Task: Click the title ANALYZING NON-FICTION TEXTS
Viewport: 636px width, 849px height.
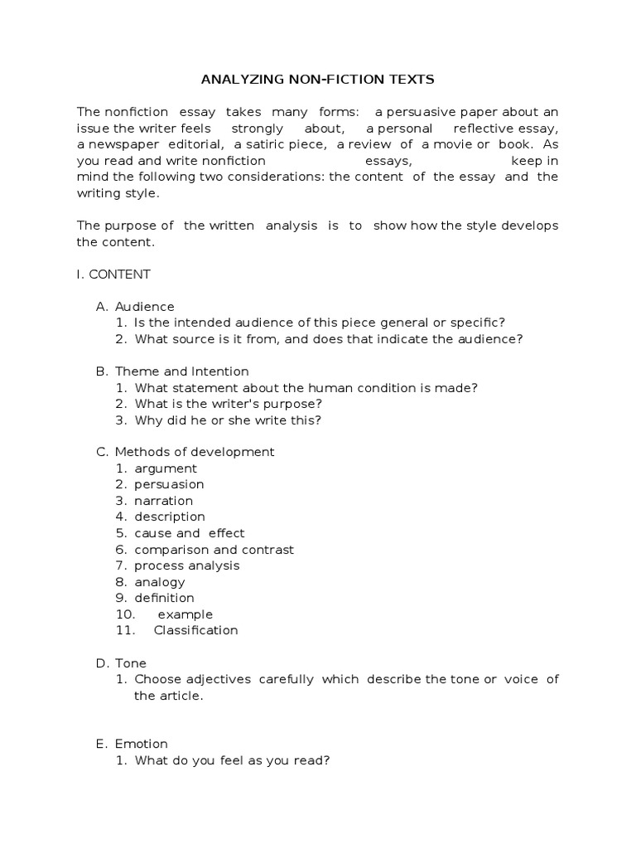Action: (x=318, y=80)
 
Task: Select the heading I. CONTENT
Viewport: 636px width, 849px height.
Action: (x=113, y=274)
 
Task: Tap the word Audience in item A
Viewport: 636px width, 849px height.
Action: (x=144, y=307)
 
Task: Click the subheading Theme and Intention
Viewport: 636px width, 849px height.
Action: (x=181, y=371)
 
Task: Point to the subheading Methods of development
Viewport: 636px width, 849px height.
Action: (x=195, y=452)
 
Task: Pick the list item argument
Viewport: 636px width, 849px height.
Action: (x=166, y=468)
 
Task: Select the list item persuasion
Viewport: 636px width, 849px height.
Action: (x=169, y=484)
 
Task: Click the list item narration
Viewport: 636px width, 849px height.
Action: (x=163, y=501)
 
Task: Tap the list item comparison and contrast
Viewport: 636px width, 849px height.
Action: (x=214, y=550)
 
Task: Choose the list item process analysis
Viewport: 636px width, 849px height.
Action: (x=186, y=565)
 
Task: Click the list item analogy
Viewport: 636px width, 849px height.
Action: (x=160, y=582)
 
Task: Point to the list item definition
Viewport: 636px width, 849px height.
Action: (x=164, y=598)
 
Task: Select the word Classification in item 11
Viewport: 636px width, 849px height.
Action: (x=195, y=630)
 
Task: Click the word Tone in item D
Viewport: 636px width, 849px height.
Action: (x=131, y=663)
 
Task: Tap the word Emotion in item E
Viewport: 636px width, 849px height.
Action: (x=141, y=744)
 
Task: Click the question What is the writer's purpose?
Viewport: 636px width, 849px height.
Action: (x=228, y=404)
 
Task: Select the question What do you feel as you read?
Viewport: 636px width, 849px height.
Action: (x=232, y=760)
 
